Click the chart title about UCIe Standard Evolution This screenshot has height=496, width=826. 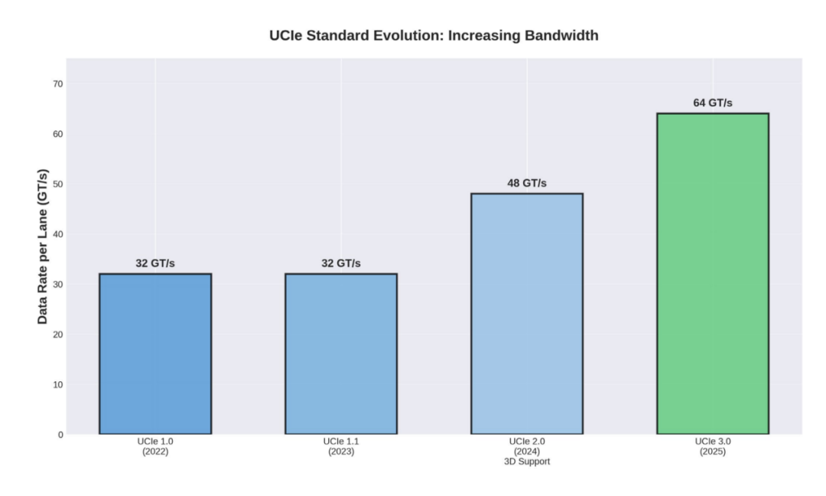[x=434, y=35]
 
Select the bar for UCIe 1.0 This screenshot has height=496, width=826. [x=155, y=354]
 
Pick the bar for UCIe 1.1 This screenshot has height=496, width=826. [x=341, y=354]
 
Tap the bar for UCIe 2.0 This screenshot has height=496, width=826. [x=527, y=314]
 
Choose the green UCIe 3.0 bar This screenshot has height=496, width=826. [x=713, y=273]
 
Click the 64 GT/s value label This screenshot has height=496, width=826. [x=713, y=103]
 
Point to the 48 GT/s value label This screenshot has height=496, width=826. [x=527, y=183]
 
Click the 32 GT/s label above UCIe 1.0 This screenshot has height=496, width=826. [x=155, y=263]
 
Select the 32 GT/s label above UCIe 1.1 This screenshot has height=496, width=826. [x=341, y=263]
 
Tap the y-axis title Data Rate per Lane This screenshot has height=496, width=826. [x=43, y=246]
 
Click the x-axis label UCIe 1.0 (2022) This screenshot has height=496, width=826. [x=155, y=446]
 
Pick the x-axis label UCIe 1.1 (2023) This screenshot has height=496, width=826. [x=341, y=446]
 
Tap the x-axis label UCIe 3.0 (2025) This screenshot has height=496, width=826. [x=713, y=446]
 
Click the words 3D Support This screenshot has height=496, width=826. [x=527, y=462]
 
